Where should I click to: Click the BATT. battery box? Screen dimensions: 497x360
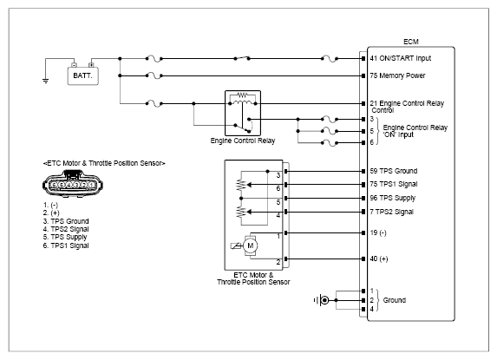[82, 75]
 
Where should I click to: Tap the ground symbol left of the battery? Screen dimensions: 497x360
[46, 82]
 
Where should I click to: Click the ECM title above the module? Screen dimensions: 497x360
[411, 42]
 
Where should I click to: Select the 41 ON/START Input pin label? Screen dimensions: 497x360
[401, 58]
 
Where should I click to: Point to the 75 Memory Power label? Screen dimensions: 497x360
[397, 75]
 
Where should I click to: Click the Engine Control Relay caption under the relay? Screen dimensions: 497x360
[243, 141]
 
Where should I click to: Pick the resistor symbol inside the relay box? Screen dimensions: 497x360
[243, 95]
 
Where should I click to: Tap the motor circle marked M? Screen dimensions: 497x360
[251, 245]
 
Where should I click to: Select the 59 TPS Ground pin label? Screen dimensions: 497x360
[394, 171]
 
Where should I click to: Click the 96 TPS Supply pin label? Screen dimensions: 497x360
[392, 198]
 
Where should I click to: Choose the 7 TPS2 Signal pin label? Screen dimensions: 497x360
[391, 212]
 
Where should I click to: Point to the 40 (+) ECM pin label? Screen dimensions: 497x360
[379, 259]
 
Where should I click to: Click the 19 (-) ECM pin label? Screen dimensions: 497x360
[378, 233]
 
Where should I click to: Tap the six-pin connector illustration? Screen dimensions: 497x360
[73, 184]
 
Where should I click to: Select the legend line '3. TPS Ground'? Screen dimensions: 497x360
[66, 221]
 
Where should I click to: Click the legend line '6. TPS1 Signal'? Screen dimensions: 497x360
[66, 245]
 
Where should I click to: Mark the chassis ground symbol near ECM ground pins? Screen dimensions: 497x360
[322, 300]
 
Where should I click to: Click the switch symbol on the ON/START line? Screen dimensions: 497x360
[242, 58]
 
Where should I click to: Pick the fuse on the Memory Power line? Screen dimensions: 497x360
[154, 75]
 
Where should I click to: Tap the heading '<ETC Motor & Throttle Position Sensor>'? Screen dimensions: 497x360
[104, 164]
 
